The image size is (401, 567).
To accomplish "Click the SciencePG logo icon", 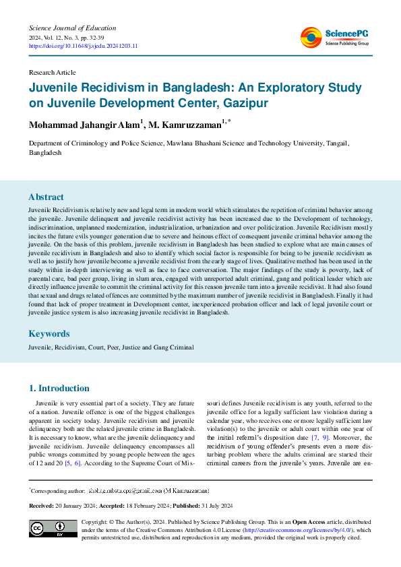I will click(x=311, y=38).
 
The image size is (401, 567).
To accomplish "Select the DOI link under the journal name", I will click(x=83, y=46).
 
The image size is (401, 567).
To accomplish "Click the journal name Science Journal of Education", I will click(x=72, y=28).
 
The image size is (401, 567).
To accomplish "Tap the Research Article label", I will click(x=52, y=72).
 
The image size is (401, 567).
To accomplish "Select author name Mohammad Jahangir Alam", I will click(x=84, y=125).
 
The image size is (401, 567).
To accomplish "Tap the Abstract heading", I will click(x=46, y=197).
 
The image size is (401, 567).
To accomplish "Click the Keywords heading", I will click(x=49, y=333).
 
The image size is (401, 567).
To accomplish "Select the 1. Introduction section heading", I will click(x=59, y=388).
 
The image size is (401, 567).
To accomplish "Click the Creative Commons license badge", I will click(x=53, y=528).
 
